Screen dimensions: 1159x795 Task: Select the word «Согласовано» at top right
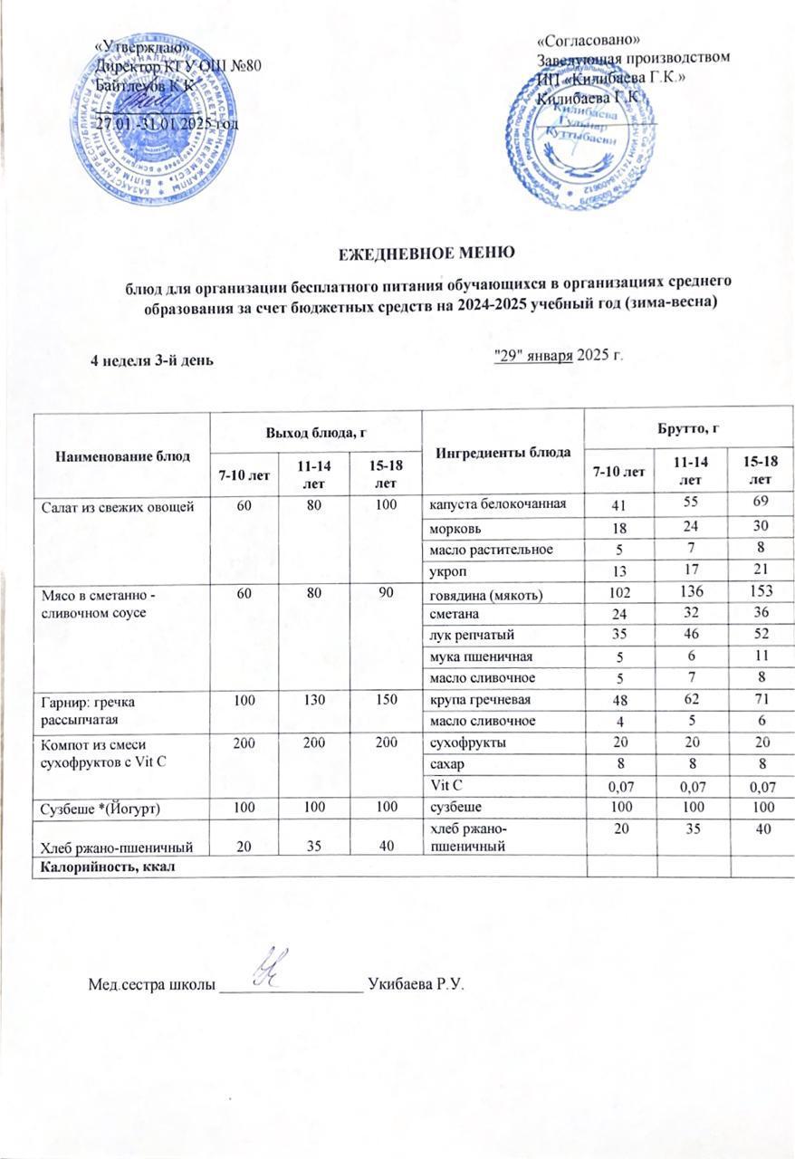pos(589,41)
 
